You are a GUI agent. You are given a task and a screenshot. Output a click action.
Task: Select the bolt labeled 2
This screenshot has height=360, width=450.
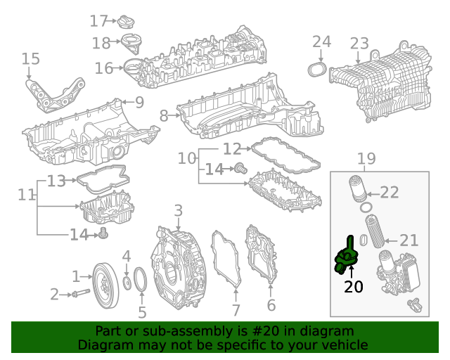tap(82, 294)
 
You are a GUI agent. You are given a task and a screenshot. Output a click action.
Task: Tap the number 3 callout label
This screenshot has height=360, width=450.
tap(178, 210)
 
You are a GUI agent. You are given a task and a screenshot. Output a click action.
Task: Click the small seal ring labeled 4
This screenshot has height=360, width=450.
tap(127, 283)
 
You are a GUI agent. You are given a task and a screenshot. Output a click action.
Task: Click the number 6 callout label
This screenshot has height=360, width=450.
tap(271, 305)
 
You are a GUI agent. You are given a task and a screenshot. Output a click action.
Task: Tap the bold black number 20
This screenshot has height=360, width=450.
tap(354, 287)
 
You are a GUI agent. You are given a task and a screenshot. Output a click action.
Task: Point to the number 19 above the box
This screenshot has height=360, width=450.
tap(366, 160)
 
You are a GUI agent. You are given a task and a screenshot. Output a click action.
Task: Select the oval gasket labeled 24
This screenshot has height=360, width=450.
tap(317, 70)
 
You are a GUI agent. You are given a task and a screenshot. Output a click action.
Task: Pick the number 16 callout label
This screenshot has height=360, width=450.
tap(103, 68)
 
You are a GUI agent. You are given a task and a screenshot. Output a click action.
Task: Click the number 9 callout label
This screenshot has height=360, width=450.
tap(139, 103)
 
